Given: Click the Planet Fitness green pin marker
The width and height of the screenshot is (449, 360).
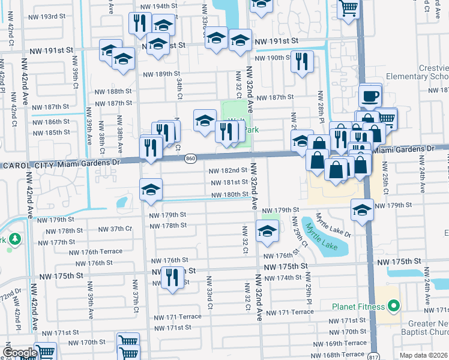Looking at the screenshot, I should click(x=394, y=307).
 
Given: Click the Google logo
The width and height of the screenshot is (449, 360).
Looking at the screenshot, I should click(x=19, y=352).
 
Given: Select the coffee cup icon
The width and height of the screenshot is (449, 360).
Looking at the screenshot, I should click(x=370, y=95).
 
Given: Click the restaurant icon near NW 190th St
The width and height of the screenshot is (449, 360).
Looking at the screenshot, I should click(x=302, y=61).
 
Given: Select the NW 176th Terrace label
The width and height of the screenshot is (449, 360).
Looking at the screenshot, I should click(x=95, y=251).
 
